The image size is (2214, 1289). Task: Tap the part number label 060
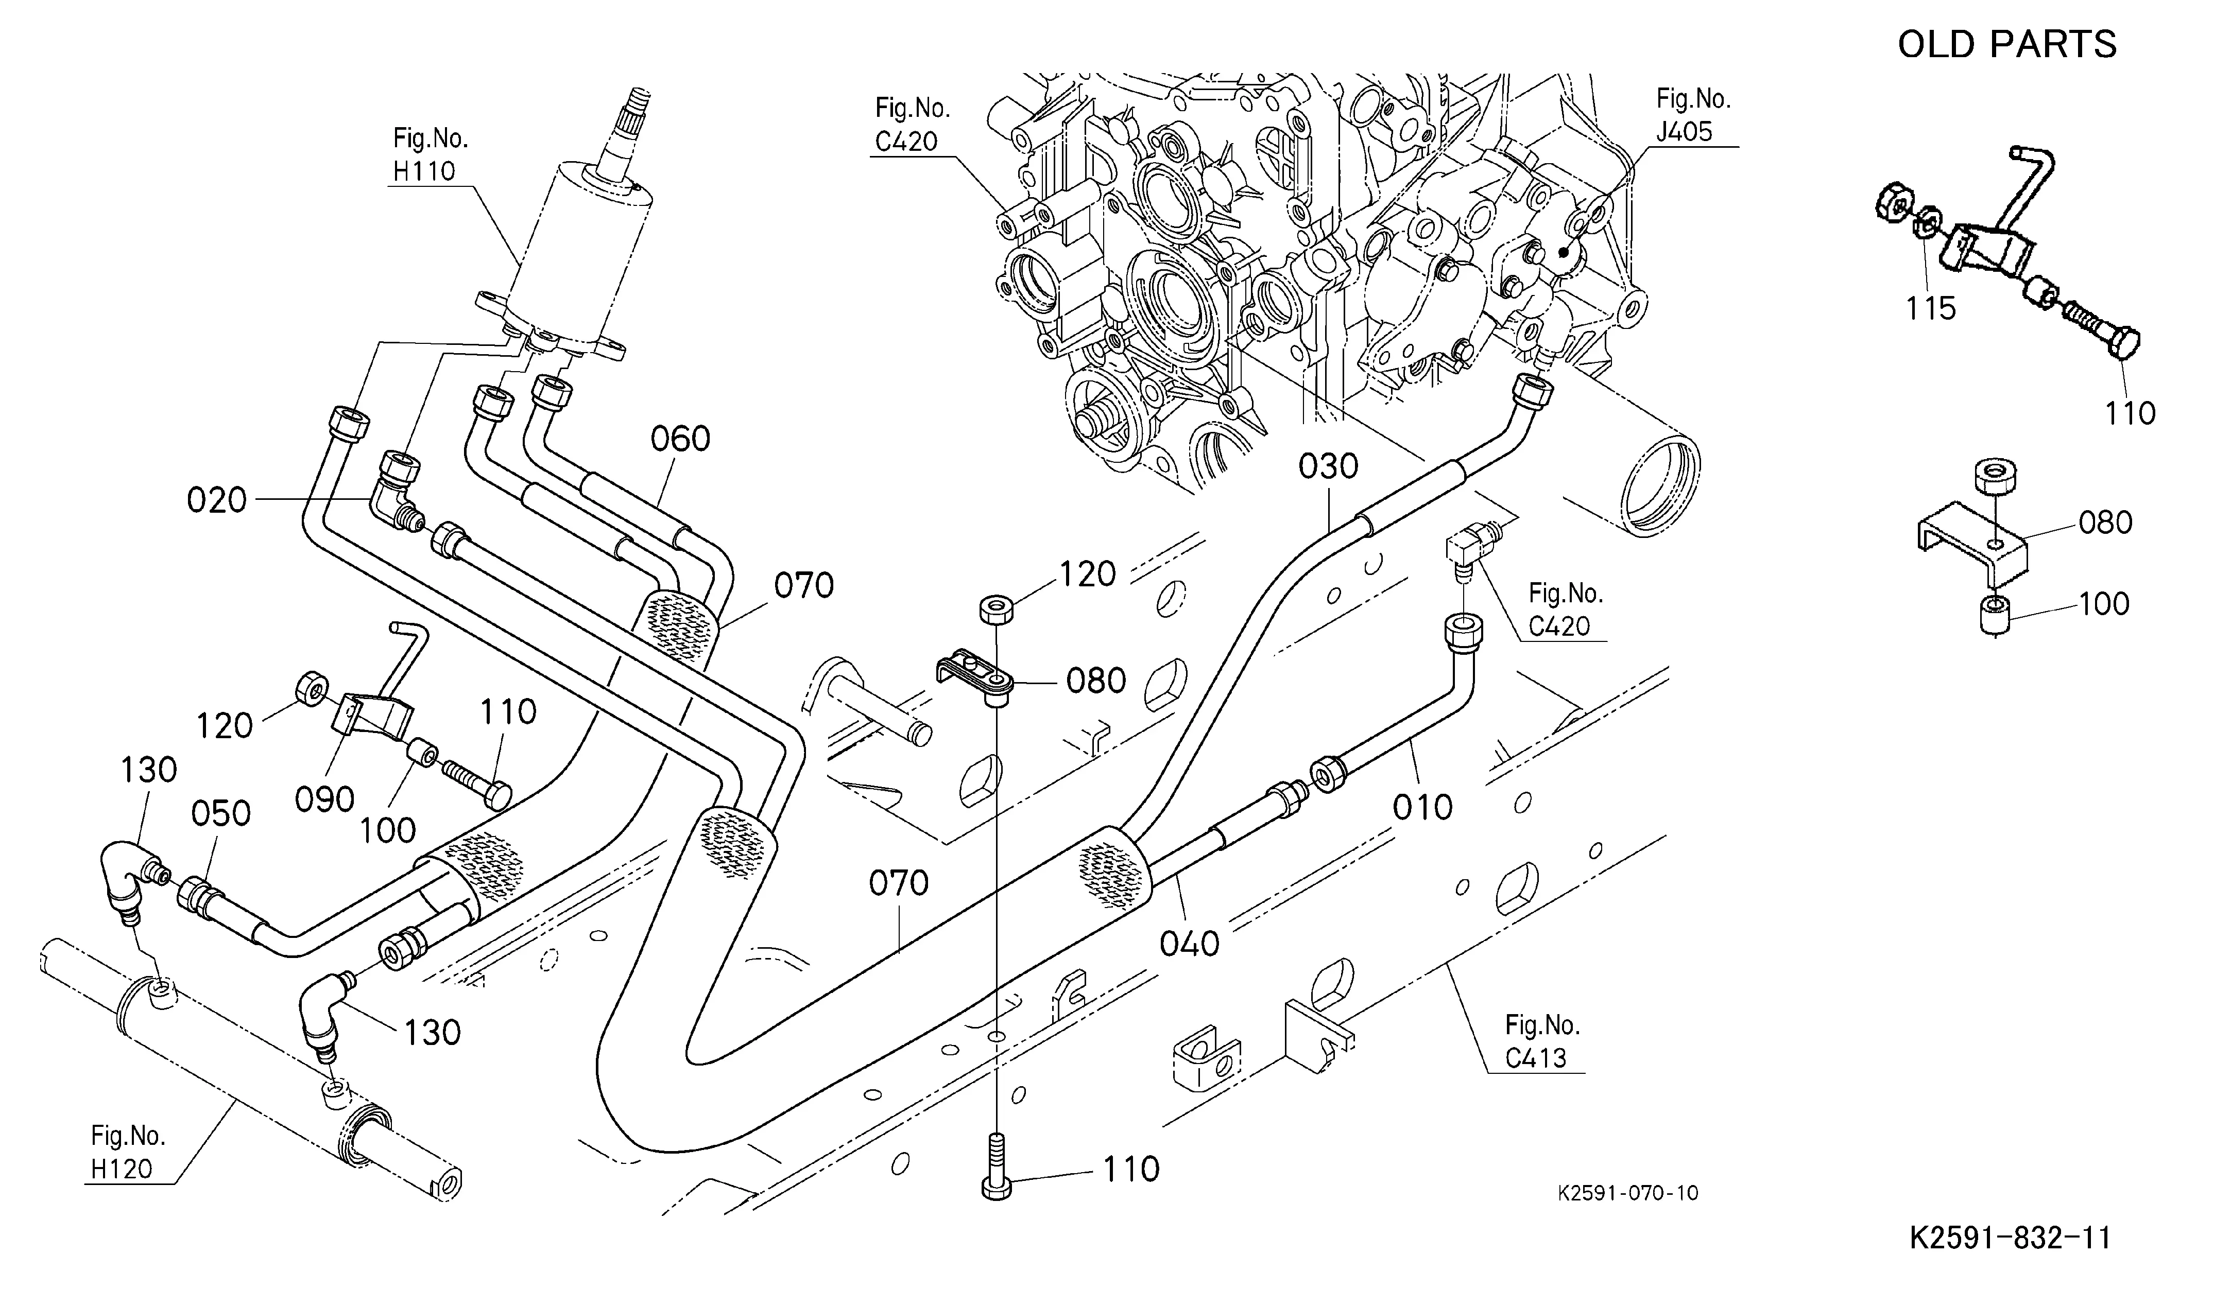point(680,439)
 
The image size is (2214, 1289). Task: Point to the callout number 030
point(1328,466)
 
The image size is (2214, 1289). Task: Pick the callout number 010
point(1422,807)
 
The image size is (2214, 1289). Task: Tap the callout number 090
point(324,799)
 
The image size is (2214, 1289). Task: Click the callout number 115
point(1930,308)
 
